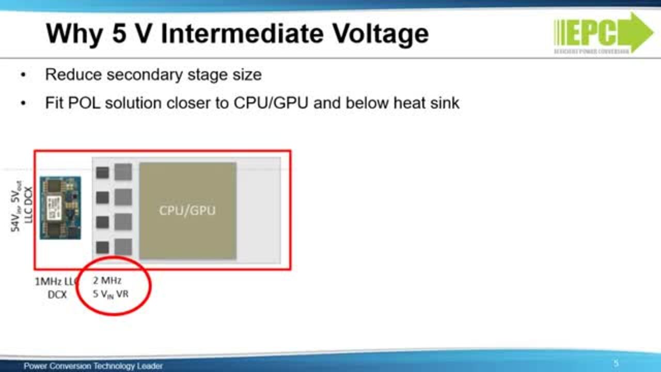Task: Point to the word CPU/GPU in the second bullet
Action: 271,103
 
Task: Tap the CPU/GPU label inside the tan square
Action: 187,210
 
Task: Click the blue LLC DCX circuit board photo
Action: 60,208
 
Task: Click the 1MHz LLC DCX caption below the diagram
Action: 56,288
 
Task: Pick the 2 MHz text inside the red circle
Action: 107,281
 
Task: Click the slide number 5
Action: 616,363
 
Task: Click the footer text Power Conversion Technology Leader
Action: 93,366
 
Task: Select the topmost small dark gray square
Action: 102,173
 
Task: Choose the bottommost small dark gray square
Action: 102,247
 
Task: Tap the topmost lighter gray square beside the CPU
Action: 123,172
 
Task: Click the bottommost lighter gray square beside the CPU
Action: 123,247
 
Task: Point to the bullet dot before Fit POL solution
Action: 23,103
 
